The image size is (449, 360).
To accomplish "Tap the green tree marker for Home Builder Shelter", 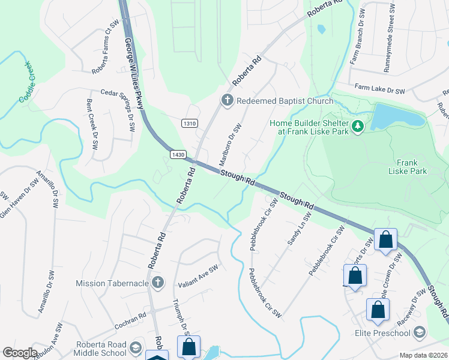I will (x=358, y=125).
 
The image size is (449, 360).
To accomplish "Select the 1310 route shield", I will (x=189, y=123).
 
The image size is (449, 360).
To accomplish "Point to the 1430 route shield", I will (x=177, y=154).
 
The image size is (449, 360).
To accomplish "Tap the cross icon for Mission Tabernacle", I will (x=157, y=283).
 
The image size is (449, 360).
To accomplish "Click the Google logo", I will (x=20, y=353).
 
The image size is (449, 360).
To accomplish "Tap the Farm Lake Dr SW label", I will (x=379, y=89).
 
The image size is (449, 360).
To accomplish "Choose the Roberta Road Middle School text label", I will (x=101, y=348).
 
